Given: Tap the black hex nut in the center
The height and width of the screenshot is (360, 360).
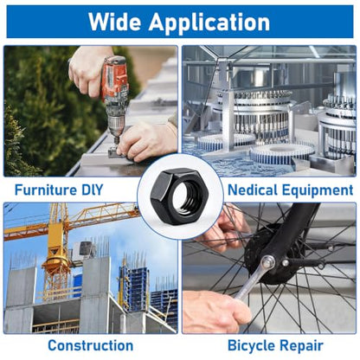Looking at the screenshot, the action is pos(179,196).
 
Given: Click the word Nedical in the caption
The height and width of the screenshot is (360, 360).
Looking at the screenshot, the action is pos(253,190).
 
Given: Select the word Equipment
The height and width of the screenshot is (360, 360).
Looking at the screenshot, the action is pos(318,190).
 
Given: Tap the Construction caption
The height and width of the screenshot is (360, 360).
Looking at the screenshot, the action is pos(90,345).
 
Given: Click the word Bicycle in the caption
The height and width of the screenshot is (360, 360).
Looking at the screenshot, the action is pos(251,346).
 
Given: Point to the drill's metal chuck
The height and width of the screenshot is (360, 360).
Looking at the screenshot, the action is pos(114,126).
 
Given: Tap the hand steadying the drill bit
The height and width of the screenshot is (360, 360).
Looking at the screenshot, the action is pos(145,140).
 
